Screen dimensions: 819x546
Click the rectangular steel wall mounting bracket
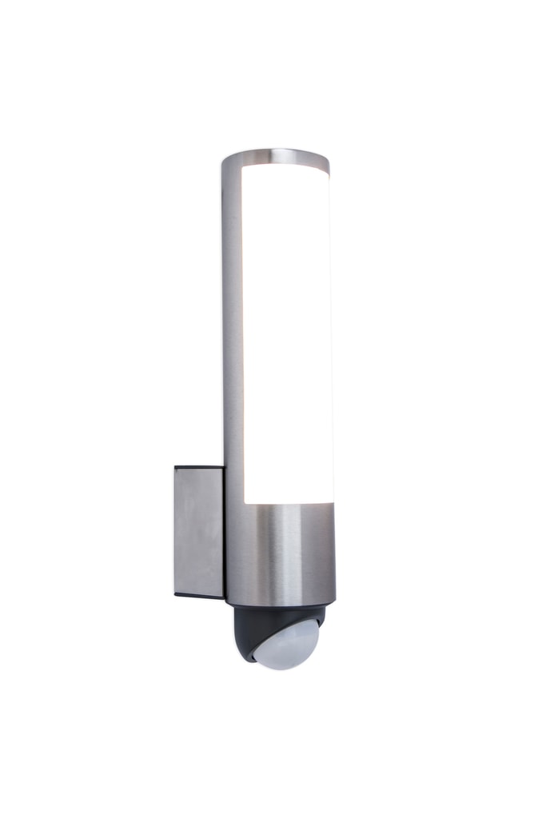(x=198, y=532)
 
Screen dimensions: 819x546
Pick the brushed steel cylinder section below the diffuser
(x=280, y=552)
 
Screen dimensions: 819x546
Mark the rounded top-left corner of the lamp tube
(x=225, y=160)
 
